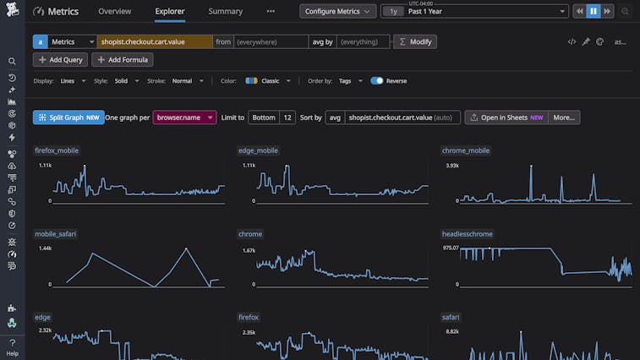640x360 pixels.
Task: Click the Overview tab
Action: pos(114,12)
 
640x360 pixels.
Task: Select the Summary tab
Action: pos(225,12)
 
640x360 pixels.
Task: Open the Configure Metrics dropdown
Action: pos(338,12)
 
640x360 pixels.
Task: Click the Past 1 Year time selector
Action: pos(486,12)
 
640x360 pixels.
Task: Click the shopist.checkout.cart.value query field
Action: pos(154,41)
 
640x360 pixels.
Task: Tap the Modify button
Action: pos(415,41)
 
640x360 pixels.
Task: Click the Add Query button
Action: pos(60,60)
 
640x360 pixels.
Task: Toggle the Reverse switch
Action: pos(377,81)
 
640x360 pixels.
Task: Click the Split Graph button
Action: pos(68,117)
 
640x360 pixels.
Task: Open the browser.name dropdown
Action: pos(184,117)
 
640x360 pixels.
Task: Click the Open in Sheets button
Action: pos(506,117)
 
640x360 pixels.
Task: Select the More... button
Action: pos(564,117)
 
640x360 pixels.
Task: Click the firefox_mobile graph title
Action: pos(57,150)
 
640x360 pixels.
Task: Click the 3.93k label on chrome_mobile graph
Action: pos(452,166)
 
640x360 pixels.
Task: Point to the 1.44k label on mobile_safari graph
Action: pos(45,249)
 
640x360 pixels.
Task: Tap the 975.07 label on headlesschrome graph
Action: pos(450,248)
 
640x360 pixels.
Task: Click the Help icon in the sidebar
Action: pos(12,347)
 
